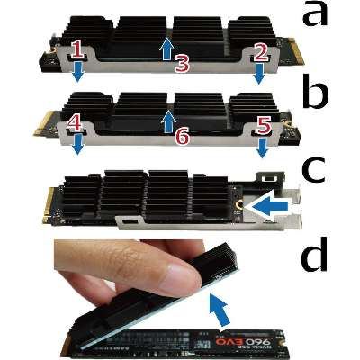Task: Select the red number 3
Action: [182, 63]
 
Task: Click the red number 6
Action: [182, 137]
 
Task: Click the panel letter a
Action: [314, 14]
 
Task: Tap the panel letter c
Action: [314, 172]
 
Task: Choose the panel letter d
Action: [314, 255]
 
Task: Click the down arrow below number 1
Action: [78, 72]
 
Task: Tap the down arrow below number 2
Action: [258, 74]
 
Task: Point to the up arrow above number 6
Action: [169, 121]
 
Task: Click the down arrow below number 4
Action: [78, 145]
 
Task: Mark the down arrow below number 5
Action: [262, 148]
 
